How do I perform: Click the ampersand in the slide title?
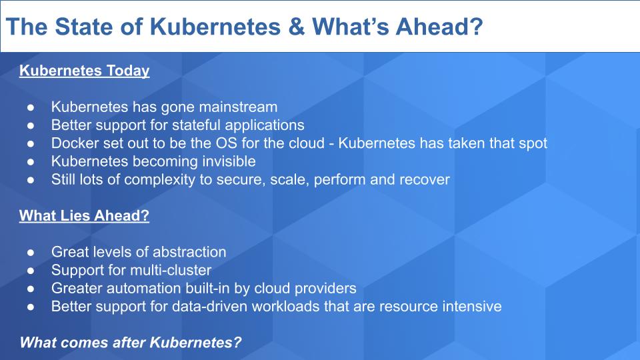coord(297,27)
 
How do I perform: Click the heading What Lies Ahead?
coord(84,215)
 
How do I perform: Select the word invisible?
coord(229,161)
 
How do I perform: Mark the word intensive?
coord(472,307)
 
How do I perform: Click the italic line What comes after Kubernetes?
coord(131,342)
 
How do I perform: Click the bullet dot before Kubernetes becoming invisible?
coord(31,162)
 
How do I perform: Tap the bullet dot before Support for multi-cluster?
coord(31,271)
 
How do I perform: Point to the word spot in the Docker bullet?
coord(533,143)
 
